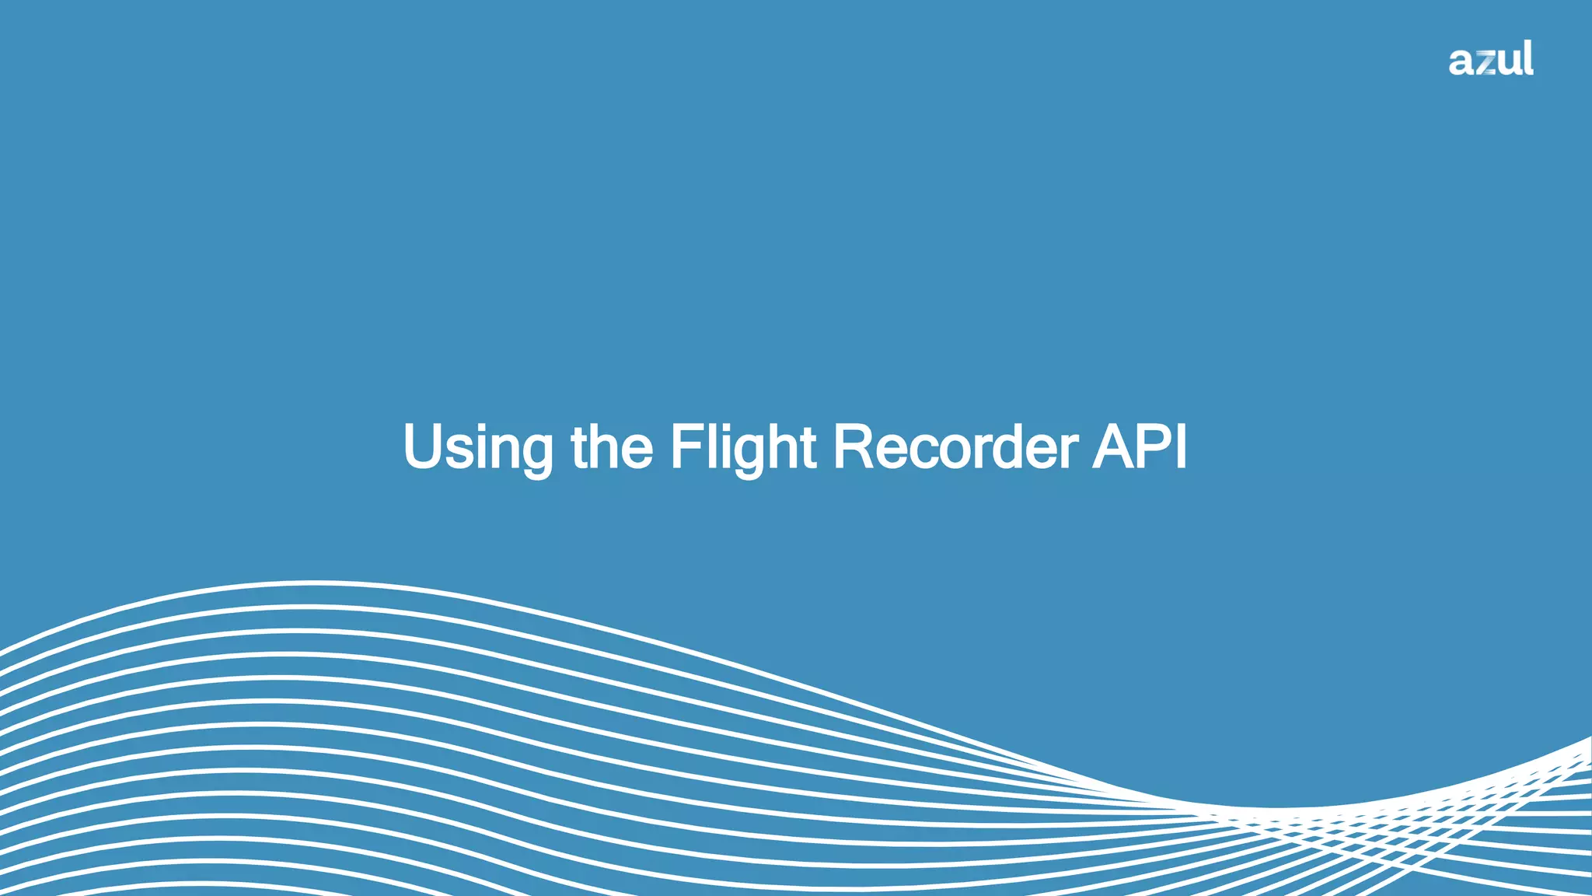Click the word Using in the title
click(x=478, y=447)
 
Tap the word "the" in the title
click(x=612, y=447)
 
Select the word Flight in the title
click(x=743, y=447)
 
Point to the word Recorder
click(x=955, y=447)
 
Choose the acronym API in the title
click(x=1140, y=447)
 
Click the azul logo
click(x=1491, y=59)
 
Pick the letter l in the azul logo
click(x=1527, y=58)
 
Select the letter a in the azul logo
click(x=1462, y=62)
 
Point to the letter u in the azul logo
click(x=1508, y=62)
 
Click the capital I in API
click(x=1182, y=447)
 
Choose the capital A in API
click(x=1114, y=447)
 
